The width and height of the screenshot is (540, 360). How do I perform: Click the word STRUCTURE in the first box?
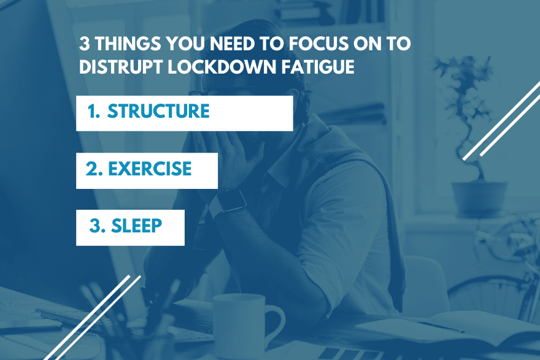click(x=158, y=111)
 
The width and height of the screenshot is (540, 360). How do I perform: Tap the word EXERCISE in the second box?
click(x=150, y=169)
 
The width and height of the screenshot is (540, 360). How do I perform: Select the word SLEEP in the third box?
click(x=136, y=226)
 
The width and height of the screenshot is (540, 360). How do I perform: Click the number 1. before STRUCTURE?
click(x=94, y=111)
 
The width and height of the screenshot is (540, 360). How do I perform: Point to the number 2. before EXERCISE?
click(x=94, y=169)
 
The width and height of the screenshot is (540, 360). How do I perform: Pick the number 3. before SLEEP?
click(x=97, y=226)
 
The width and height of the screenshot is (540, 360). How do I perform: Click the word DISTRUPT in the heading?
click(x=120, y=66)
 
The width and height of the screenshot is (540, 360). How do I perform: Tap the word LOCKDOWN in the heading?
click(x=222, y=66)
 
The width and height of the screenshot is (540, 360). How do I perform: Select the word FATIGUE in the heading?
click(x=318, y=66)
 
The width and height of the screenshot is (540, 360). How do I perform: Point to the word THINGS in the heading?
click(x=128, y=44)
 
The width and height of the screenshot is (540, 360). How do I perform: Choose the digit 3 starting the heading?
click(x=85, y=44)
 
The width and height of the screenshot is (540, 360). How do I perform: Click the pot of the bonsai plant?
click(x=479, y=199)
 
